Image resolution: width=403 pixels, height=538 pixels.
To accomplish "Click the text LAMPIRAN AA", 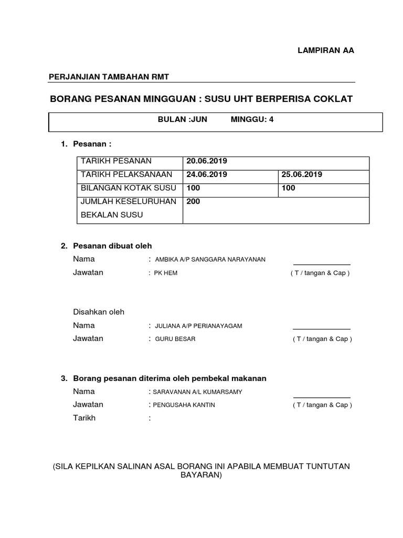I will tap(326, 51).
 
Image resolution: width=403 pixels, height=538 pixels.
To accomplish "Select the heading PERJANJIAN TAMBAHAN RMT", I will tap(109, 77).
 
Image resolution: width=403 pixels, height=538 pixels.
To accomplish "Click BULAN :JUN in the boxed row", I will tap(183, 119).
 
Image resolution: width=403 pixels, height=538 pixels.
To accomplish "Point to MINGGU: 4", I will tap(252, 119).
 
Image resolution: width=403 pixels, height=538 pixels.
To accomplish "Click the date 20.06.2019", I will tap(207, 161).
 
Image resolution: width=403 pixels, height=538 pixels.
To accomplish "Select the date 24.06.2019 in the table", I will tap(207, 174).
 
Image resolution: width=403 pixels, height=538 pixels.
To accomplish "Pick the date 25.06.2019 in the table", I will tap(302, 174).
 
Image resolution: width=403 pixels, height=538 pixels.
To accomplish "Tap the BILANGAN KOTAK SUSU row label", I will tap(129, 188).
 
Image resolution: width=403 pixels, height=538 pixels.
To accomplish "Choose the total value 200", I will tap(193, 201).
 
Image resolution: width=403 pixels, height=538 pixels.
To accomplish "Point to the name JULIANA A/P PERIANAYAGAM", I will tap(198, 326).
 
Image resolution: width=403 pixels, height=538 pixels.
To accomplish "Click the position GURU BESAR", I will tap(175, 339).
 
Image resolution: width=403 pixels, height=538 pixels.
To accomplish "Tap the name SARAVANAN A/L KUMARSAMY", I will tap(197, 392).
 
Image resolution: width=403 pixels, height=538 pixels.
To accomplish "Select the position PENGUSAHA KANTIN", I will tap(184, 405).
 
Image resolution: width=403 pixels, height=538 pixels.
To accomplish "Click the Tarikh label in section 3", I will tap(84, 418).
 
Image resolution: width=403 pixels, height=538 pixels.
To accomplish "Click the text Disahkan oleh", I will tap(99, 312).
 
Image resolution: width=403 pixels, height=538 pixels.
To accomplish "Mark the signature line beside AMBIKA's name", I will tap(321, 264).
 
